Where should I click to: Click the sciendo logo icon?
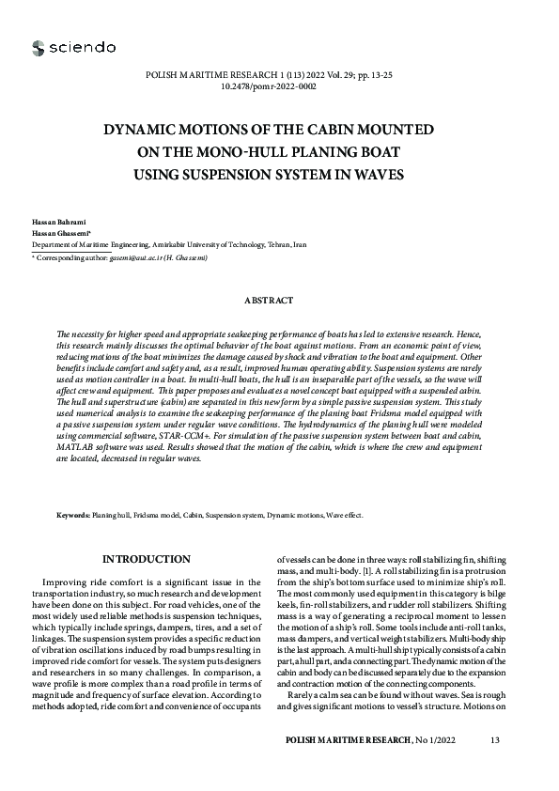(x=38, y=48)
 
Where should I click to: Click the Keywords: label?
(x=73, y=515)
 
